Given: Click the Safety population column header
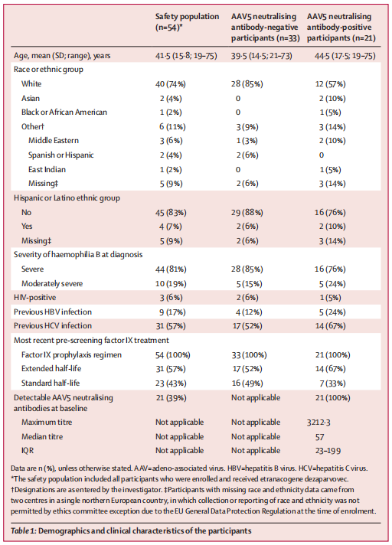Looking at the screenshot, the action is point(187,21).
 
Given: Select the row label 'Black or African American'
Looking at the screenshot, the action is point(64,113).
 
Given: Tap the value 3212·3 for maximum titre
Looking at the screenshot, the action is point(318,423).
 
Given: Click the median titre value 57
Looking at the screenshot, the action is point(320,437).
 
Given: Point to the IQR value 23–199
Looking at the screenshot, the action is point(328,451).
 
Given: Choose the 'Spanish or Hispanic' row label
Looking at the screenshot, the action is point(60,155).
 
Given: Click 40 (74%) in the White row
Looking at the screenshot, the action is point(170,83).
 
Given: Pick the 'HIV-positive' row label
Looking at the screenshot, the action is point(34,298).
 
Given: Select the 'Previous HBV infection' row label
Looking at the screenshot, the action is point(53,312).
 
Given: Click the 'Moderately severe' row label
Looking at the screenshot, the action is point(52,284).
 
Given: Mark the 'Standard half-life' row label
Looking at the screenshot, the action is point(51,383).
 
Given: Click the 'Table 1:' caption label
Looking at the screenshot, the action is point(24,530).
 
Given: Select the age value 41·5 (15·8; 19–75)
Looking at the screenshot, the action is point(186,56).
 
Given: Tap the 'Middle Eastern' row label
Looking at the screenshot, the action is point(54,140).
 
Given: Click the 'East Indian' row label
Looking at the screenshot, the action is point(47,170).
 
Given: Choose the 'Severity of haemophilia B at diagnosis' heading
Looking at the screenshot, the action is point(78,255).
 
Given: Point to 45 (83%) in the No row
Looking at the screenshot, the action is point(171,212).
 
